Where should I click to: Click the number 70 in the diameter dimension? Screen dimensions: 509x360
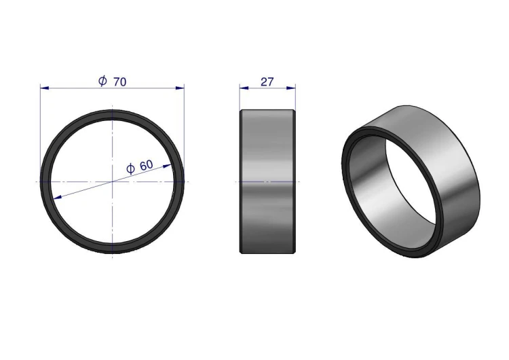(x=119, y=82)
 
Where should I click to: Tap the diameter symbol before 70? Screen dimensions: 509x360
(x=102, y=81)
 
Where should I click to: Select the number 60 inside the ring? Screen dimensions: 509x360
(x=146, y=165)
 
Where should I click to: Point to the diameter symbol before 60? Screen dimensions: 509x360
(x=130, y=169)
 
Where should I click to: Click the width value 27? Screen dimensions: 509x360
(x=267, y=82)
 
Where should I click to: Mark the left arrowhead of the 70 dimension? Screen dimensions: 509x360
(x=45, y=88)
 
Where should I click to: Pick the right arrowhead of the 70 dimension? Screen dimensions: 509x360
(x=180, y=88)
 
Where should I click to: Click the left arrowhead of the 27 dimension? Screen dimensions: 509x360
(x=244, y=88)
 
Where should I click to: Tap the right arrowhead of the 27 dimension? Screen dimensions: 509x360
(x=291, y=88)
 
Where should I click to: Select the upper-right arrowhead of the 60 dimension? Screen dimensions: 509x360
(x=167, y=166)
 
